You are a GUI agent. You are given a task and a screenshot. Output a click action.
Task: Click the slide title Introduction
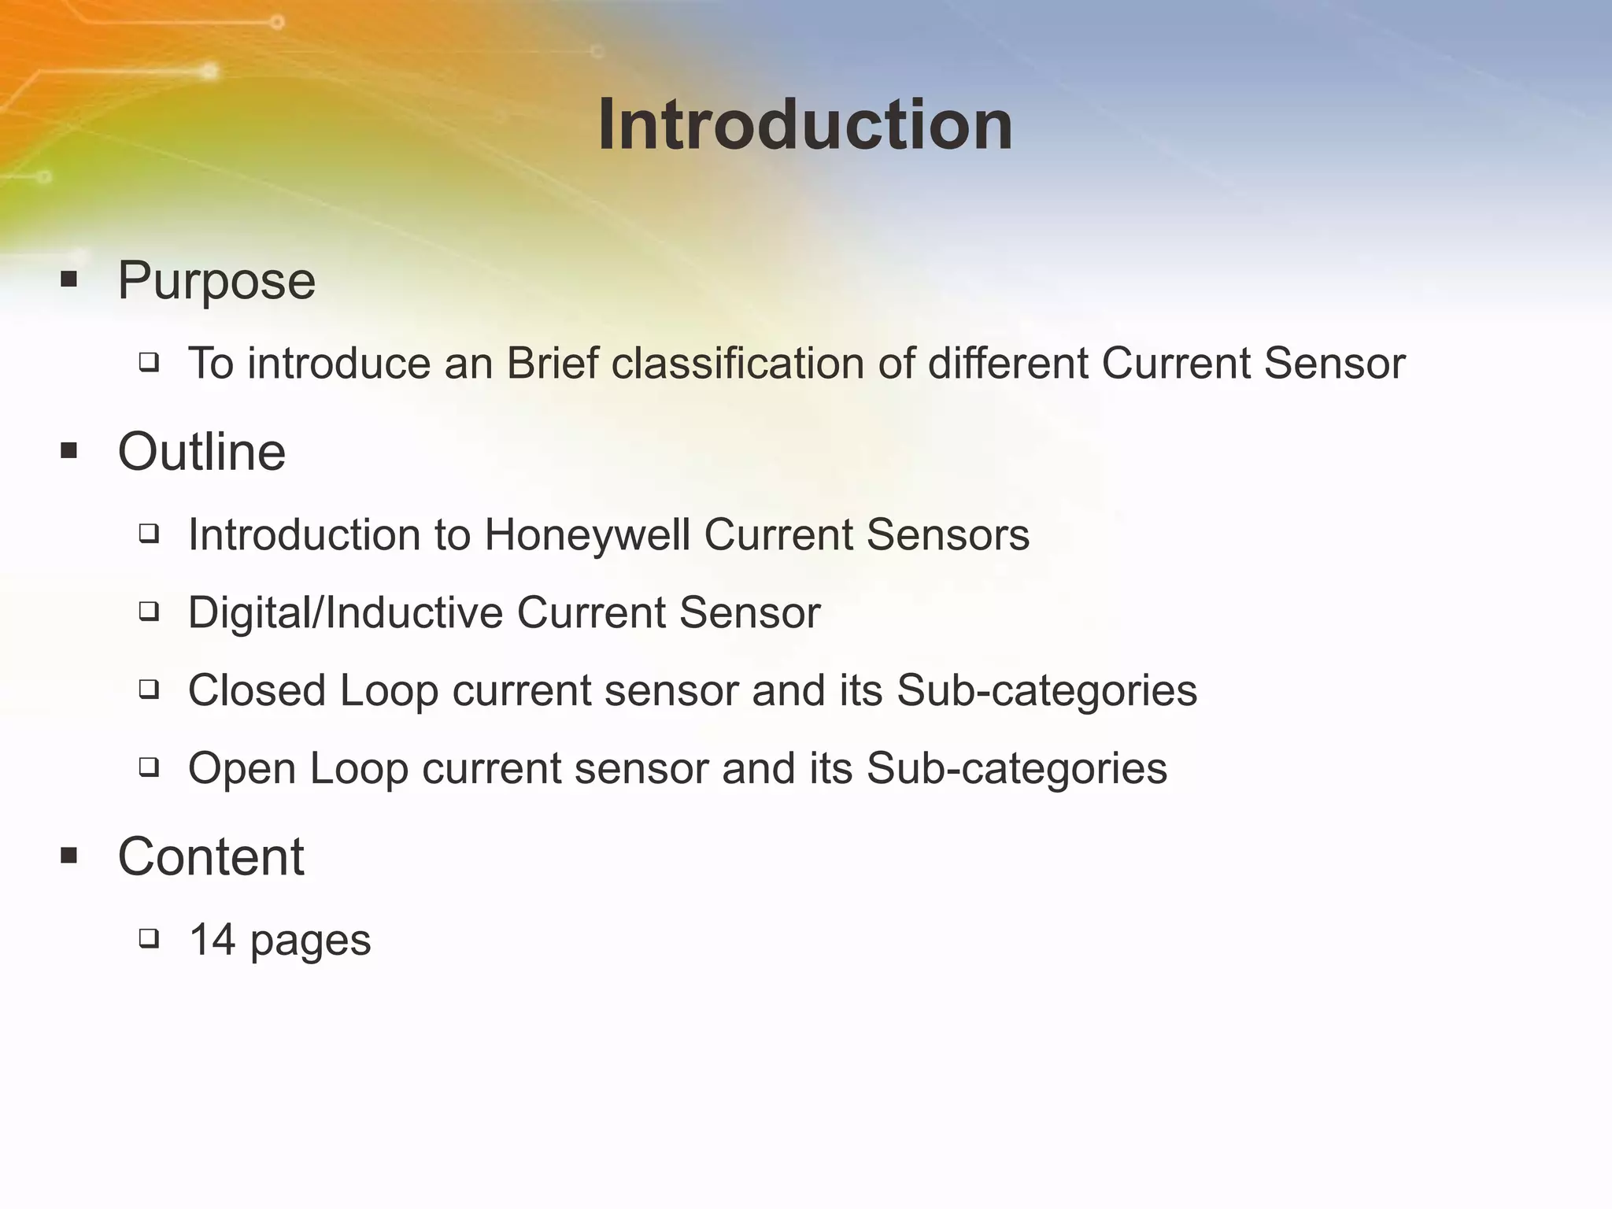[805, 125]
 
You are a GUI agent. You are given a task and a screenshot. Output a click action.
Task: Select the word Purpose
[216, 280]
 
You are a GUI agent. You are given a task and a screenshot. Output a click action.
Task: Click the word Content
[210, 856]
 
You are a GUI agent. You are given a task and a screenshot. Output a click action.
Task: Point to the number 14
[213, 940]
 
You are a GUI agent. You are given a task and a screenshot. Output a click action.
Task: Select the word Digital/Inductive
[346, 612]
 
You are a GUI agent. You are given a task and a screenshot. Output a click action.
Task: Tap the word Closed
[257, 690]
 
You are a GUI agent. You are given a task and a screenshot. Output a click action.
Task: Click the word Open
[242, 768]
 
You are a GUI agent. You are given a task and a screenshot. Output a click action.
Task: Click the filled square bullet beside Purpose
[69, 279]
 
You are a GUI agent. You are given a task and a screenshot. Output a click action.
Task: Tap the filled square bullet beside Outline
[69, 451]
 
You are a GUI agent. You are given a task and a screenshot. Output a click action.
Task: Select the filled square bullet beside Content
[69, 856]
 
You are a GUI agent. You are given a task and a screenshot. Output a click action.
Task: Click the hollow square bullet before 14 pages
[149, 938]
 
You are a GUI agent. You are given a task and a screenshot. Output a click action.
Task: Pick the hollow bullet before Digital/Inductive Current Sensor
[149, 612]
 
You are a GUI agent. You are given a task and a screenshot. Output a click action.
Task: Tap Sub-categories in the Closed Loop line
[1047, 690]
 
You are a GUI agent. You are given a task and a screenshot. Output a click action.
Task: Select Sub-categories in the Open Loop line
[1017, 768]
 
